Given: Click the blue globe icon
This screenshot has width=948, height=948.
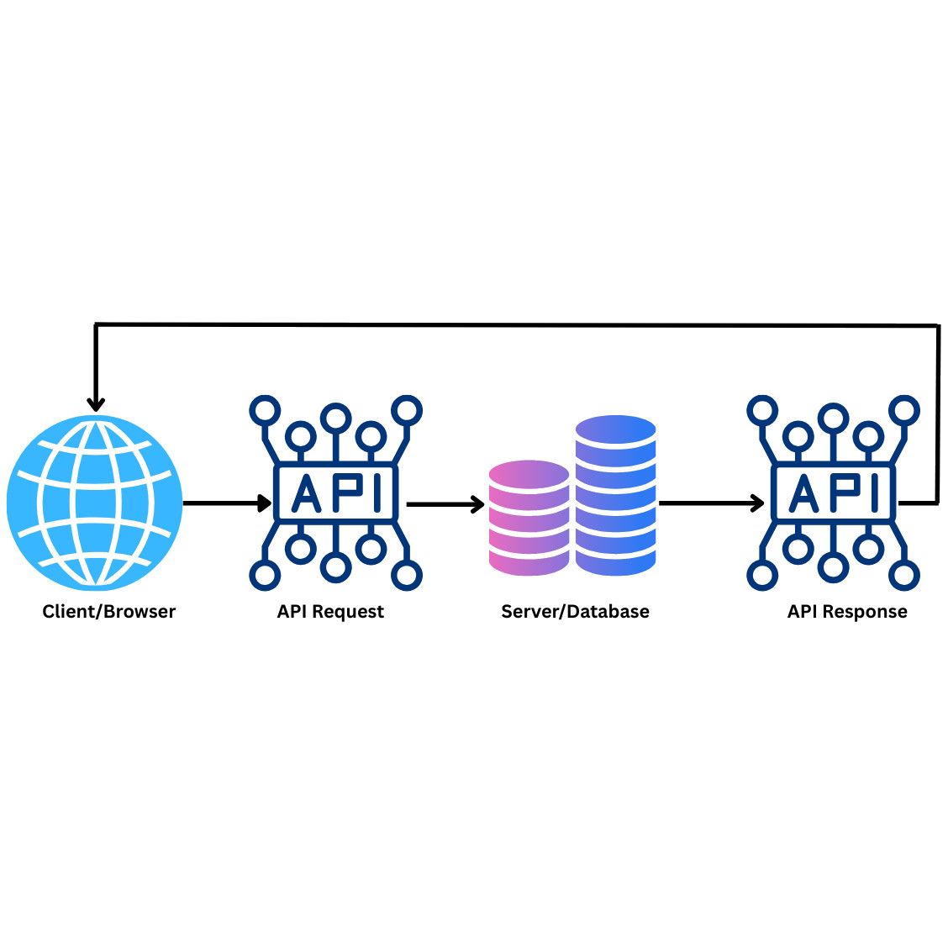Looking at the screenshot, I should (94, 503).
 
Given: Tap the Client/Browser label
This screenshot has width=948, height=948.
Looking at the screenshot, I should (109, 612).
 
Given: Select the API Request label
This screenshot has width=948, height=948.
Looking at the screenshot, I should (330, 612).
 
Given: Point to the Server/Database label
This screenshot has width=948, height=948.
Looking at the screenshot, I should (575, 612).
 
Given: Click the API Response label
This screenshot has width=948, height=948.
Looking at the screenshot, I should (847, 612).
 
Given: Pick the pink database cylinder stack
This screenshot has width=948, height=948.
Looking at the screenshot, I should (529, 518).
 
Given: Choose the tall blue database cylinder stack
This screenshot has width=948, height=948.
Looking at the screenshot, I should (615, 496).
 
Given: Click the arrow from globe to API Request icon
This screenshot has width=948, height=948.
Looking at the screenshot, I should (225, 503).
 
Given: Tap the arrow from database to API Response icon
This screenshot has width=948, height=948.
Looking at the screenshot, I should (710, 503).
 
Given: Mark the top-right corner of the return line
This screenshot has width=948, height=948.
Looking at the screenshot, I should (938, 326).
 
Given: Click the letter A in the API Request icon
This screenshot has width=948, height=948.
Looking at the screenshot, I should (306, 492).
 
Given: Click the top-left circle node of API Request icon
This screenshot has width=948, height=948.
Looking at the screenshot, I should (265, 411).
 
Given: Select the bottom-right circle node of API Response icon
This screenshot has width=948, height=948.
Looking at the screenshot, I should (904, 577).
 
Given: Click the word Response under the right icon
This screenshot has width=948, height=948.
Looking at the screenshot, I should (865, 612).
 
